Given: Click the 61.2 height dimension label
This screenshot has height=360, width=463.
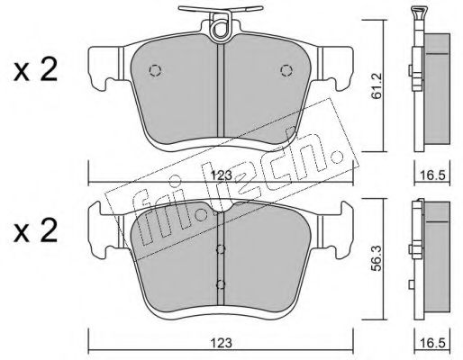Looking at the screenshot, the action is (x=375, y=86).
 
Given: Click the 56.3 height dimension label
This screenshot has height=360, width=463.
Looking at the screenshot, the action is (x=376, y=257).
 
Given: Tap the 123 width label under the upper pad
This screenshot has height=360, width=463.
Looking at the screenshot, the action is (x=222, y=175).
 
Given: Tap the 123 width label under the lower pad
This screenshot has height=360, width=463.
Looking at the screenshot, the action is (x=222, y=343).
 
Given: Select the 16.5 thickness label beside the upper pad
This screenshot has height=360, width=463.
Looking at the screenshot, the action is (x=432, y=175).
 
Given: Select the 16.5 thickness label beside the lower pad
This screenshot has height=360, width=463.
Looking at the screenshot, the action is (x=432, y=343).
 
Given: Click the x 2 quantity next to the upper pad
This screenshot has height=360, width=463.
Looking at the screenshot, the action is (x=35, y=70).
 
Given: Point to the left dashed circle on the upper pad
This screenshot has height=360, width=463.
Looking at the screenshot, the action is (x=155, y=70).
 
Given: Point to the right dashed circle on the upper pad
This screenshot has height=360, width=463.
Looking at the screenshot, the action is (x=286, y=70).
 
